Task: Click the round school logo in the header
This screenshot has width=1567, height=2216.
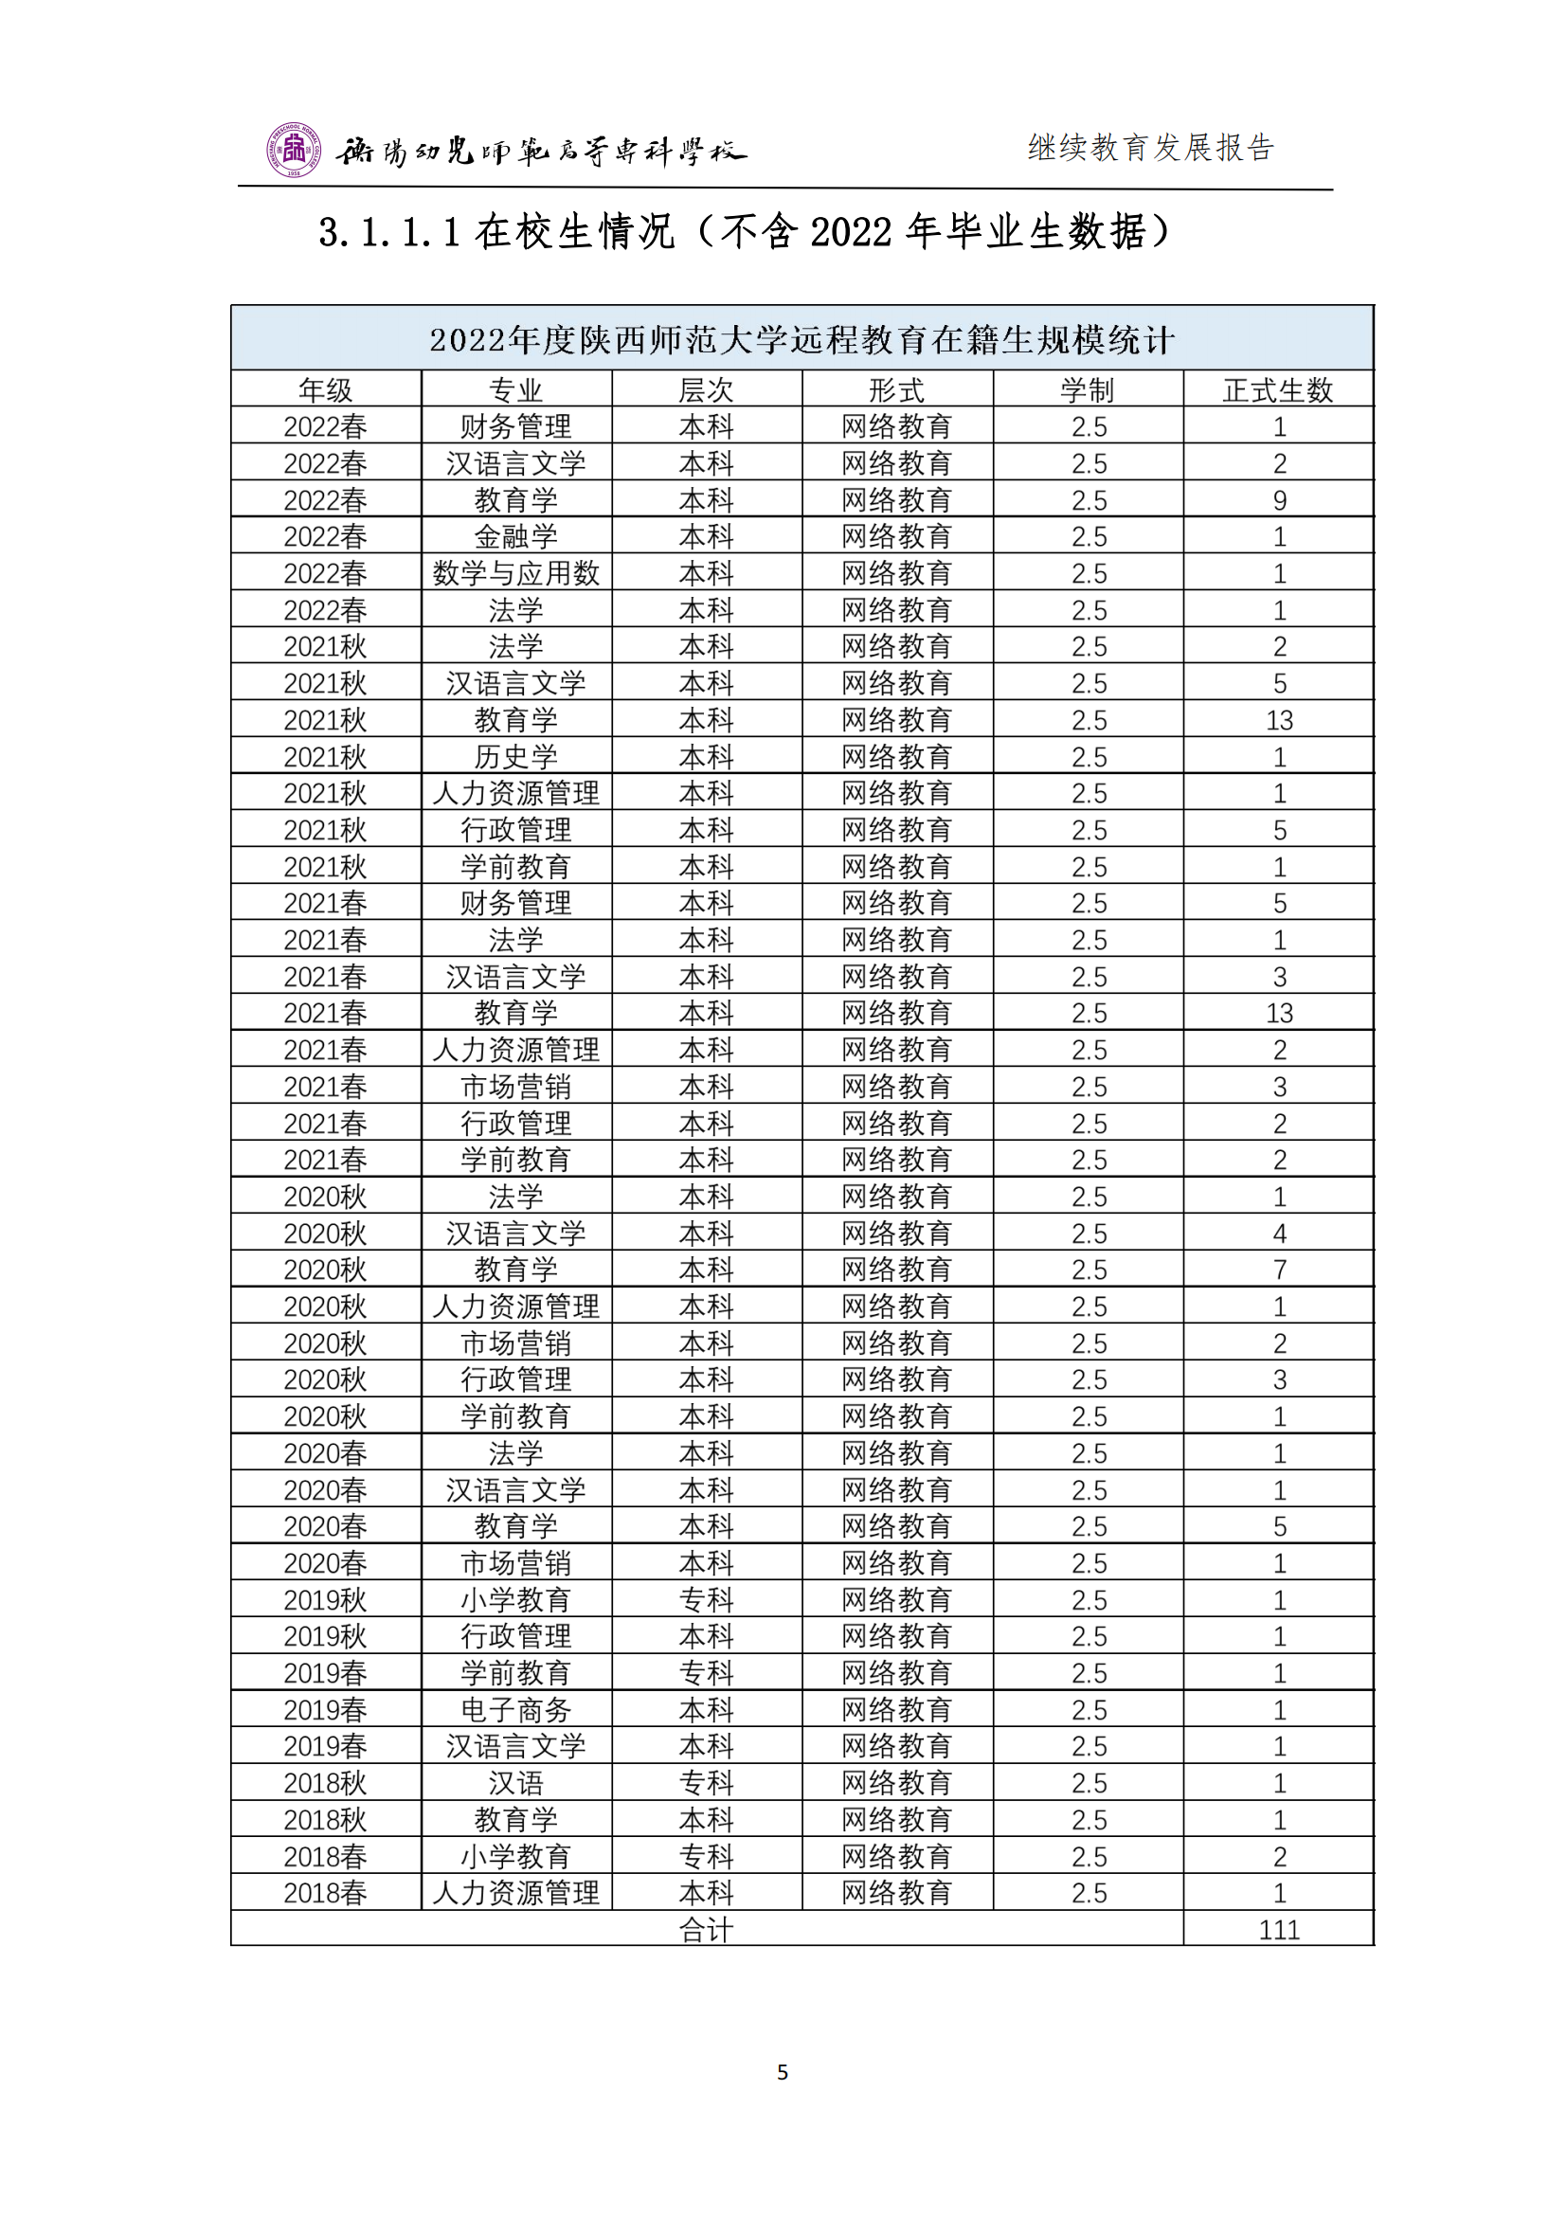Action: (x=294, y=150)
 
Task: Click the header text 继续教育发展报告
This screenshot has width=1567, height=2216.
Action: (x=1150, y=148)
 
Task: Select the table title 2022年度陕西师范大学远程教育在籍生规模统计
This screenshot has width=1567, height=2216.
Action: (x=801, y=340)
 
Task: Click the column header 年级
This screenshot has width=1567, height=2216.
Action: (x=325, y=390)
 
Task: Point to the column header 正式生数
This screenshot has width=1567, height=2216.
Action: (x=1277, y=390)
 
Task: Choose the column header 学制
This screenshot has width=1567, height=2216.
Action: (x=1088, y=390)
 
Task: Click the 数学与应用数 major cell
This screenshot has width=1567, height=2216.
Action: (x=516, y=573)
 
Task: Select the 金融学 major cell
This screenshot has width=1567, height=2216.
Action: (x=516, y=536)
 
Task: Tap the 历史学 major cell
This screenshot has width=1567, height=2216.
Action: (x=516, y=757)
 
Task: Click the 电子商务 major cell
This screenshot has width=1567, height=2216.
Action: (x=516, y=1710)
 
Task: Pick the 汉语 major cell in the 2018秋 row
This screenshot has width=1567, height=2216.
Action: (x=516, y=1784)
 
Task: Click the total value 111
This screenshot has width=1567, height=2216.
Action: (x=1278, y=1930)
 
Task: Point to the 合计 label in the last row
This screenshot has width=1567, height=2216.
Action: (x=707, y=1930)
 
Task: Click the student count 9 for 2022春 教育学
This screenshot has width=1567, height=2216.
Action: (x=1279, y=500)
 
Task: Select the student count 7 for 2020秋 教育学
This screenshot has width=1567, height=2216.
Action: (x=1279, y=1270)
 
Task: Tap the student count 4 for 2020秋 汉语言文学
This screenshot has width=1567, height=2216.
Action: (x=1279, y=1234)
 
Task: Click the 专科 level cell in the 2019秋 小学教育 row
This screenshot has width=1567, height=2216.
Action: (x=707, y=1600)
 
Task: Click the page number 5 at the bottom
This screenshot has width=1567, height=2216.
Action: (x=783, y=2072)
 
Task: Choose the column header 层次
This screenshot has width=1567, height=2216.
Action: (x=707, y=390)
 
